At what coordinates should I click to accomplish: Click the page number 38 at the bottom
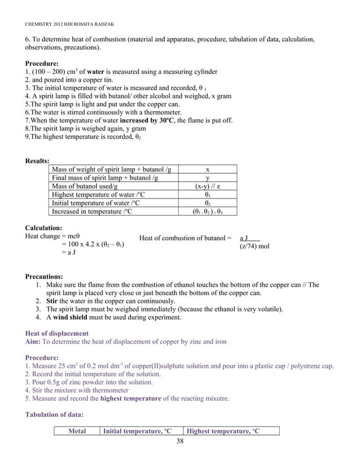pyautogui.click(x=179, y=441)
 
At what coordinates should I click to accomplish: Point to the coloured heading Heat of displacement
pyautogui.click(x=57, y=333)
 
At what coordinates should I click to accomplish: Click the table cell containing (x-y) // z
pyautogui.click(x=208, y=186)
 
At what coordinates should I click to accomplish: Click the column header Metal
pyautogui.click(x=77, y=432)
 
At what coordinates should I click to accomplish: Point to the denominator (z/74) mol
pyautogui.click(x=254, y=247)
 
